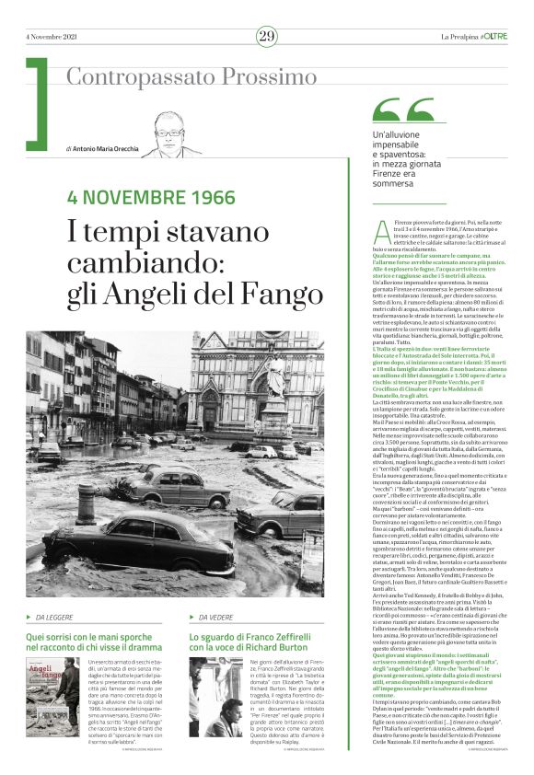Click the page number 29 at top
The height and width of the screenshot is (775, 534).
coord(266,36)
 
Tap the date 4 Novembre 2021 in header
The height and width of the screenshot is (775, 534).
coord(52,36)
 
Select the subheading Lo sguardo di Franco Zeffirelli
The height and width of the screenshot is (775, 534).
coord(255,615)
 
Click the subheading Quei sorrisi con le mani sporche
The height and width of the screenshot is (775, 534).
coord(98,615)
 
